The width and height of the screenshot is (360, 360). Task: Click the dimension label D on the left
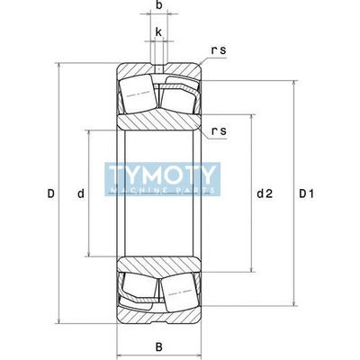tap(51, 193)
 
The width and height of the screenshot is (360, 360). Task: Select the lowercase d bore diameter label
tap(81, 193)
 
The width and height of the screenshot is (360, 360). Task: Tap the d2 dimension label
tap(265, 193)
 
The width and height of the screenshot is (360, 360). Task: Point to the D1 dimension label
tap(306, 193)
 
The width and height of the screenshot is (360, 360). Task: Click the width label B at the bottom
tap(159, 347)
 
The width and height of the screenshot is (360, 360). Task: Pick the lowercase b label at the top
tap(159, 5)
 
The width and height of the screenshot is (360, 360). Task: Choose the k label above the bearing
tap(158, 31)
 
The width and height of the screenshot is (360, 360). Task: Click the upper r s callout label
tap(219, 50)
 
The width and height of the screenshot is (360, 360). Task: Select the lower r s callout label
tap(219, 131)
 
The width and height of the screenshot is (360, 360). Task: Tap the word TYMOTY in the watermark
tap(162, 175)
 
